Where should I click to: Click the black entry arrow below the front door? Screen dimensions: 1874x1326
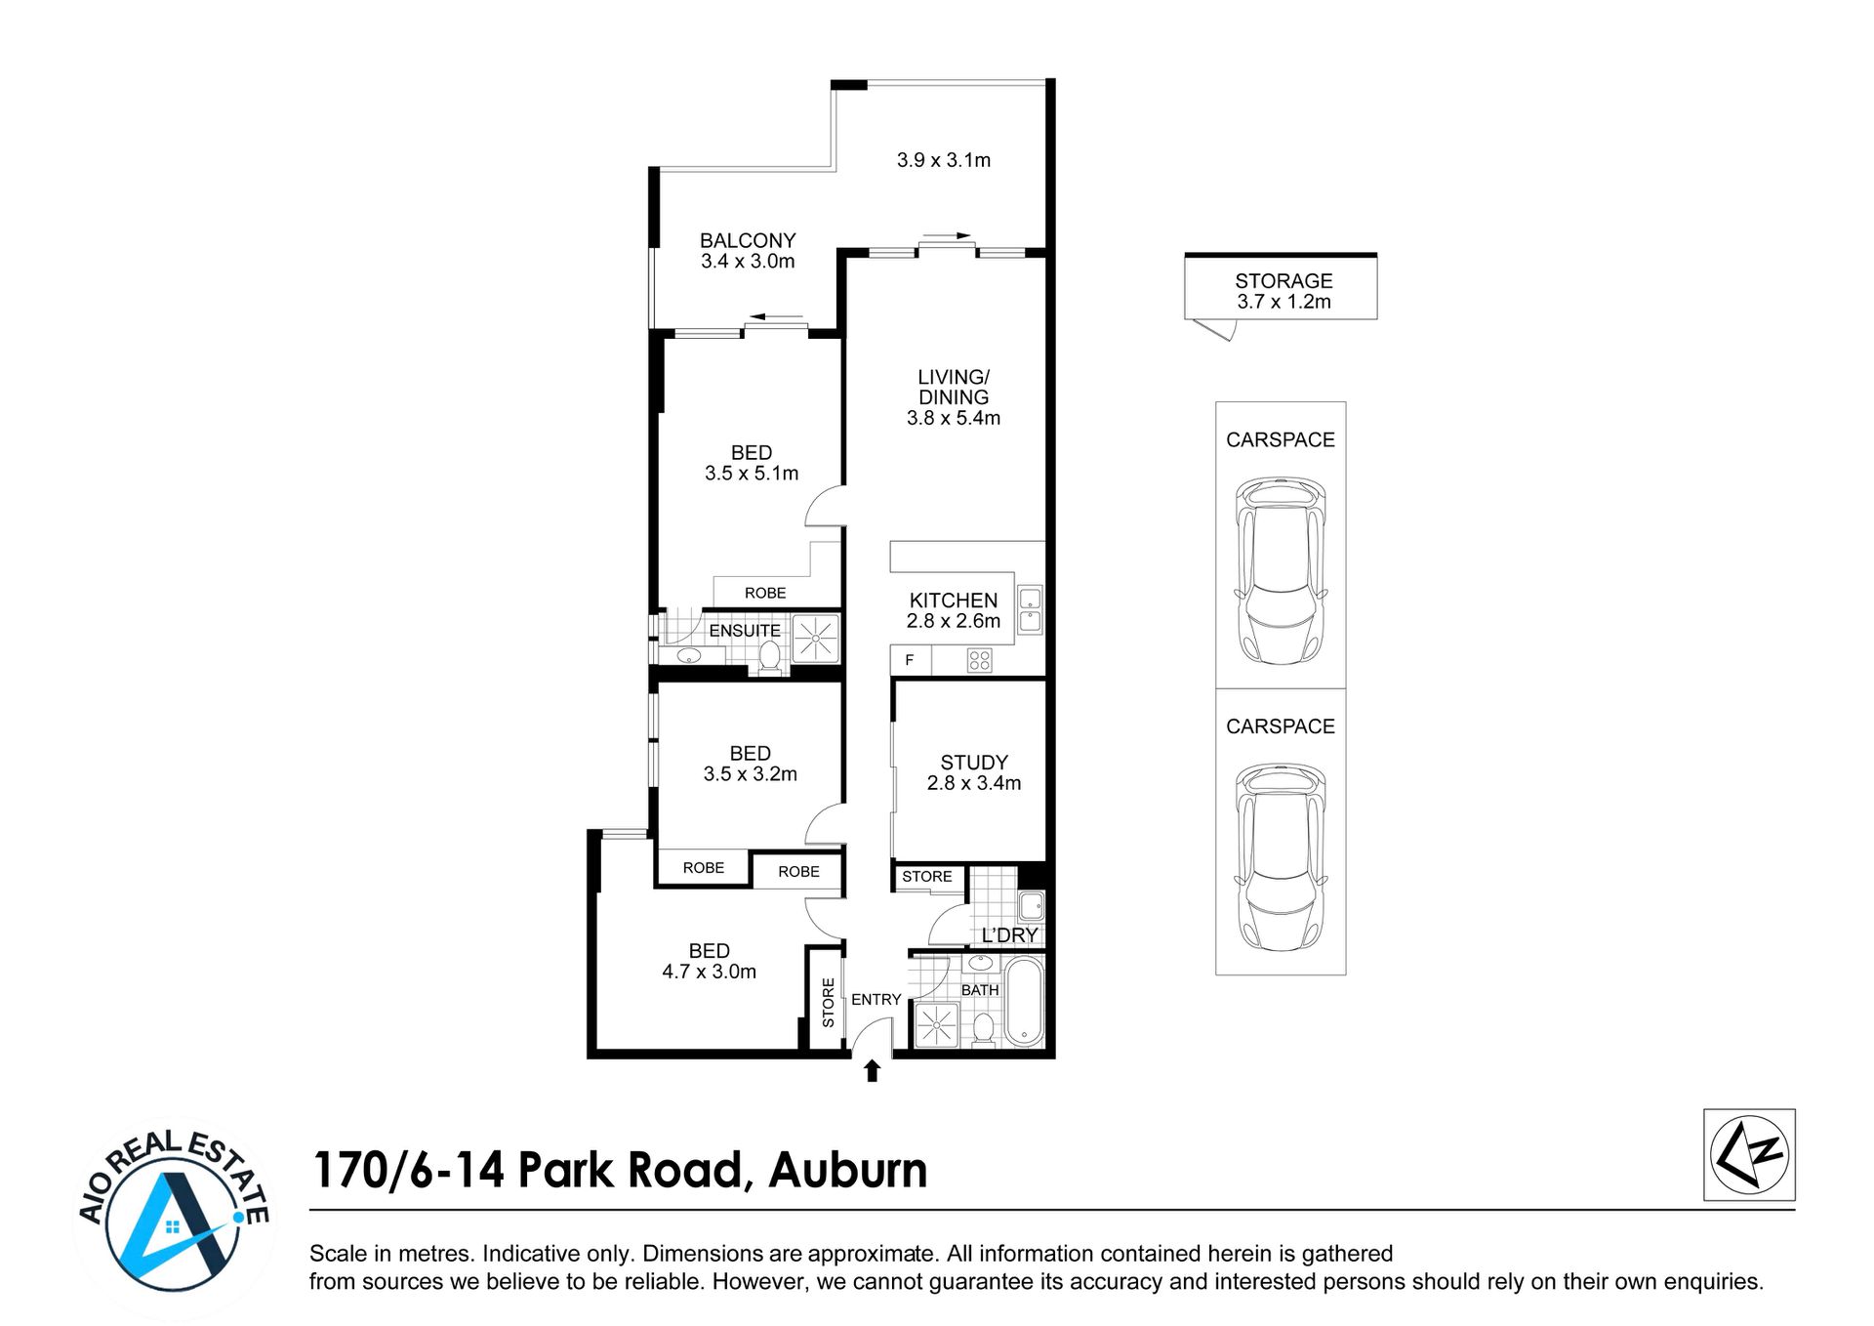pos(873,1071)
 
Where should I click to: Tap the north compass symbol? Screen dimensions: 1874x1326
pos(1749,1154)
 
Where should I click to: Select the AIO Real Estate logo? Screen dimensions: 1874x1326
pos(174,1218)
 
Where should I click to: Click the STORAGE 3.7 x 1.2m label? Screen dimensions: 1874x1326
pos(1283,291)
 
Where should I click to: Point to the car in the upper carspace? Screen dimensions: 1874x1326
pos(1281,571)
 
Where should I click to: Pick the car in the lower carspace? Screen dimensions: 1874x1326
pos(1281,858)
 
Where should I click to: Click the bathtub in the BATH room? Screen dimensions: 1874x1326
pos(1024,1001)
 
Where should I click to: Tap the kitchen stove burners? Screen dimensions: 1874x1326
pos(979,661)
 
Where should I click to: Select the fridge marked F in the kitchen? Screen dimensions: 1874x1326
pos(911,660)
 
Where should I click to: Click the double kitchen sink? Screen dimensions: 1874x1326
pos(1030,609)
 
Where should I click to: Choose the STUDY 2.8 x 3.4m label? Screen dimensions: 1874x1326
pos(974,772)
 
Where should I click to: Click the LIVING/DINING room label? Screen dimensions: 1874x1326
pos(954,397)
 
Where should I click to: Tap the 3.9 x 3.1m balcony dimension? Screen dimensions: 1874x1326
pos(944,160)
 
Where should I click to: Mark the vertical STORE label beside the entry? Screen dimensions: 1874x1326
pos(828,1002)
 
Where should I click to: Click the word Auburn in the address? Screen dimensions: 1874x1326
pos(848,1170)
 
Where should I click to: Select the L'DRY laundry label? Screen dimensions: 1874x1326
pos(1009,935)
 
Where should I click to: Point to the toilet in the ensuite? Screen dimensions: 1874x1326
pos(770,656)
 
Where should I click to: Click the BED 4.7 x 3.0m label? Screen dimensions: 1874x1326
pos(710,961)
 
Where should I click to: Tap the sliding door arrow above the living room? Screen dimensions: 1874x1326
pos(946,235)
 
